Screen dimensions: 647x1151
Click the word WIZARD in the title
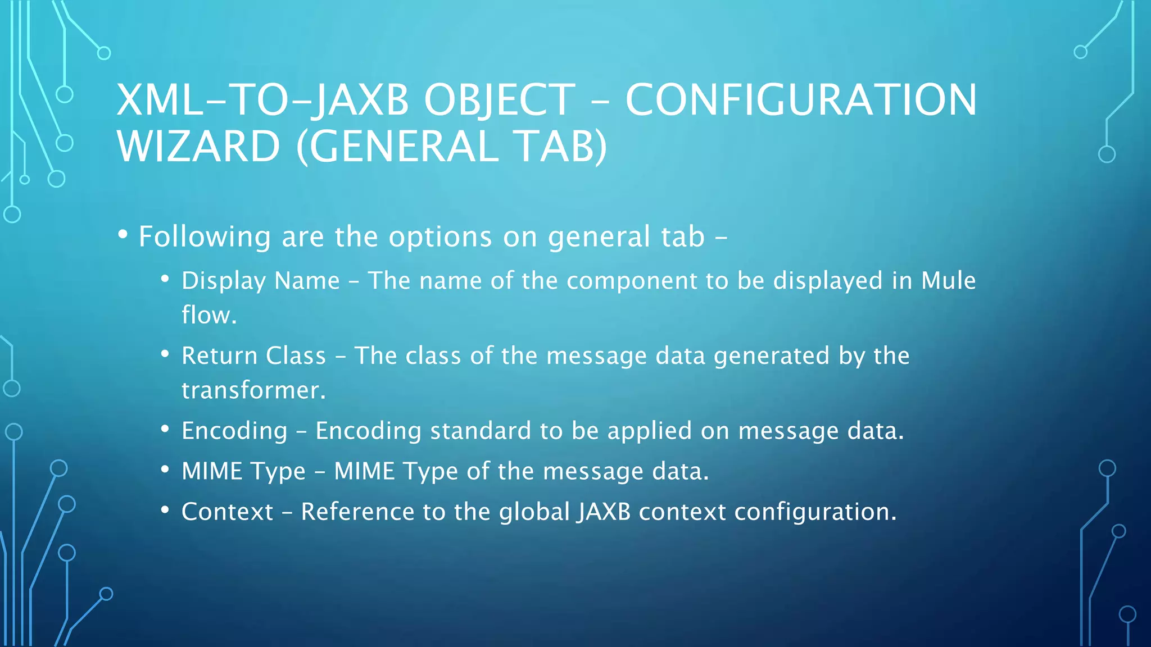(198, 146)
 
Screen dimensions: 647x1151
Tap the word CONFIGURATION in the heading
(801, 100)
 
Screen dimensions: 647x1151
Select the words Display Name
(260, 281)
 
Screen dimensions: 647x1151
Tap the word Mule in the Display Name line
(948, 280)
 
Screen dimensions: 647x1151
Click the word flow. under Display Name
(209, 315)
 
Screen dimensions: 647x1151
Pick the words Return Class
(253, 356)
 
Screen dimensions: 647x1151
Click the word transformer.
(253, 390)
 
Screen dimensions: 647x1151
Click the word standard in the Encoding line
(480, 431)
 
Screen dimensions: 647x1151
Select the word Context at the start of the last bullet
(227, 512)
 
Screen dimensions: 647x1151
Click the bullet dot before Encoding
(165, 430)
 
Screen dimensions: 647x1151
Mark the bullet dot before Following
(123, 235)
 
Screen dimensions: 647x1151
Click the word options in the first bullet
(441, 236)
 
